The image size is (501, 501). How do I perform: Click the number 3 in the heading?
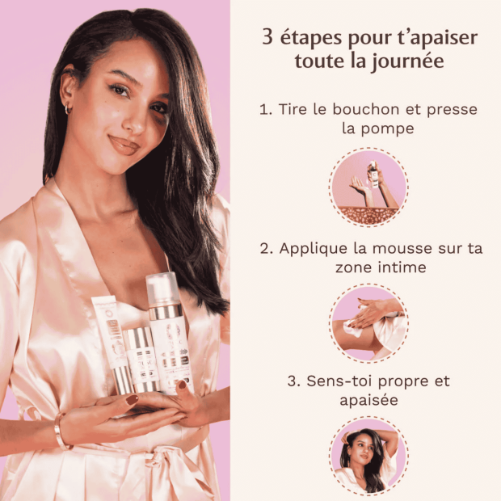click(x=267, y=37)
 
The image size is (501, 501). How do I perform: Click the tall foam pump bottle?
click(x=167, y=339)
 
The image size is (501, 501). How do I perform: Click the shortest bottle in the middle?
click(x=141, y=360)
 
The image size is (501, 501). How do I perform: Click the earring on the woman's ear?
click(x=68, y=108)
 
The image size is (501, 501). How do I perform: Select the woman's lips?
click(x=124, y=145)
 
